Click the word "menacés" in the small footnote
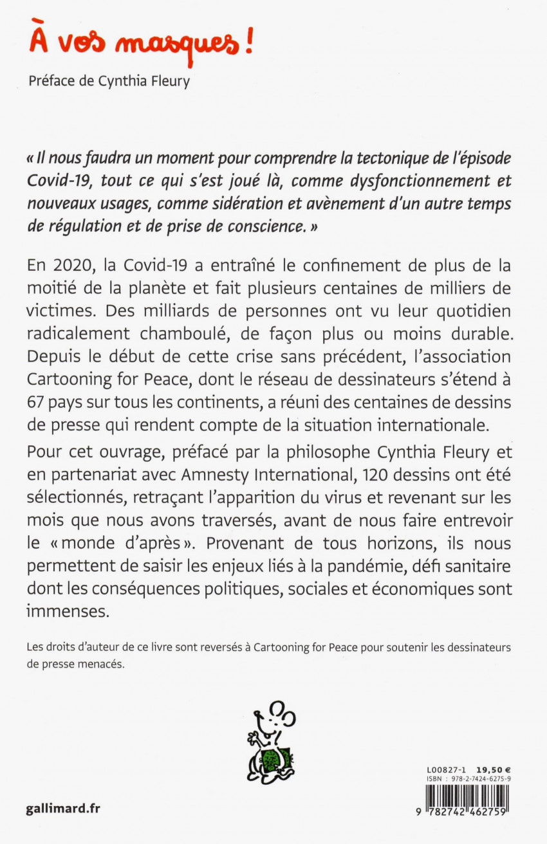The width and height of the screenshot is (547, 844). [x=100, y=665]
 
